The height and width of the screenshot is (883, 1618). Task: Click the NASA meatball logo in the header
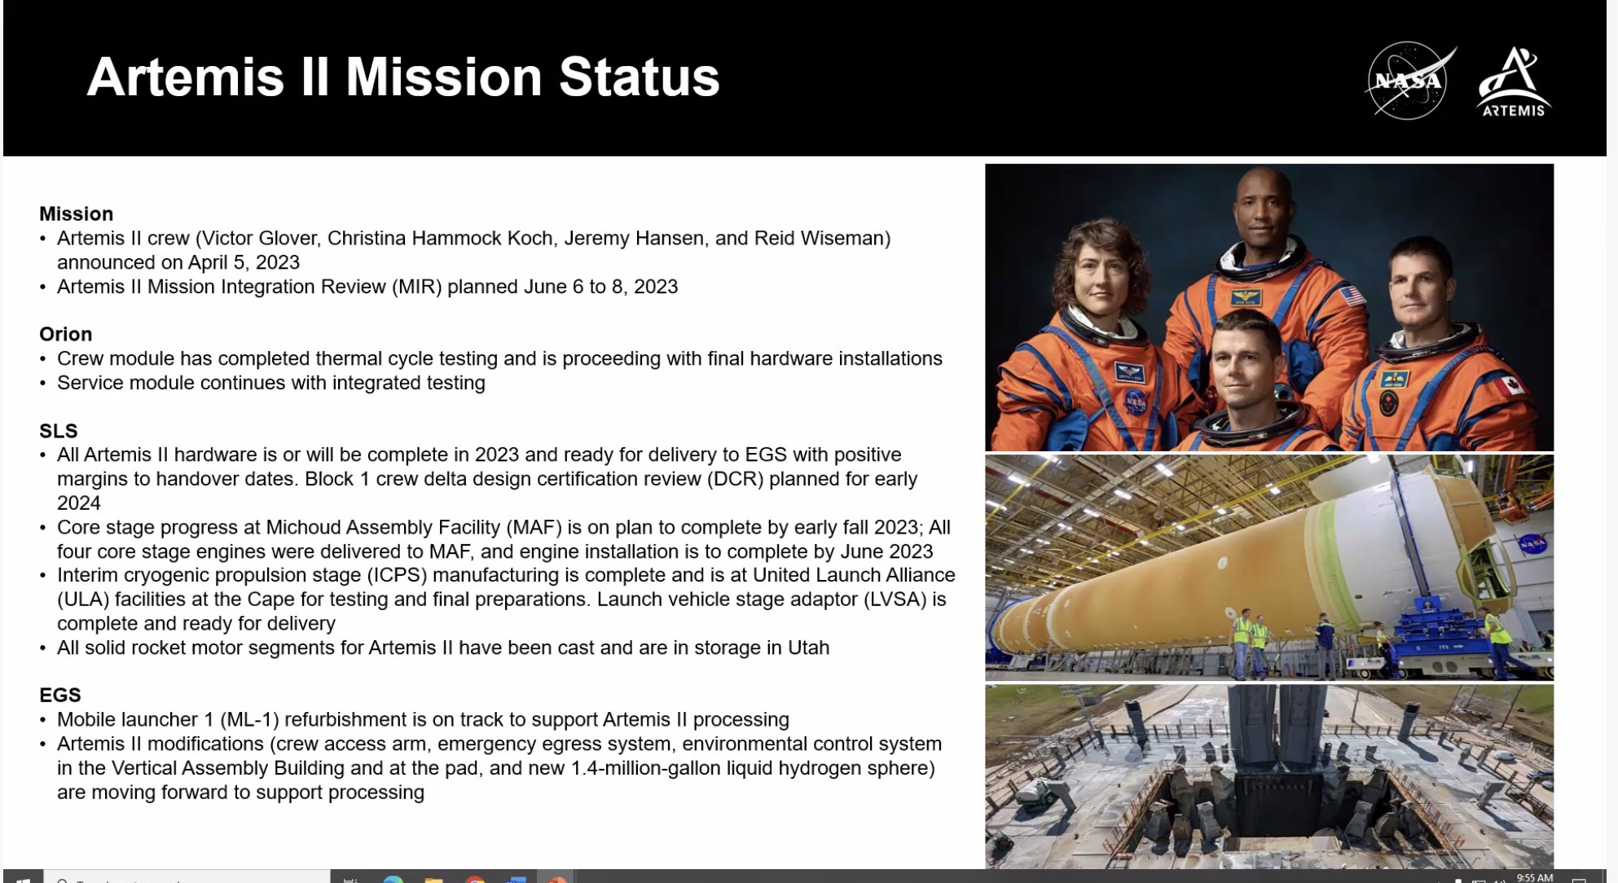click(x=1409, y=81)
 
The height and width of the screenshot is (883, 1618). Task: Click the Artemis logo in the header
click(x=1514, y=82)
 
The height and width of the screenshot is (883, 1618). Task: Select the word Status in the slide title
click(x=639, y=77)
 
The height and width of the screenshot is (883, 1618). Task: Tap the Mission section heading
click(x=76, y=214)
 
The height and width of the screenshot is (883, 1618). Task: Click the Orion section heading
click(x=65, y=335)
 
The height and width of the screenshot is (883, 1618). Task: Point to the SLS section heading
click(x=58, y=431)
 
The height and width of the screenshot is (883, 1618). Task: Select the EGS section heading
click(x=59, y=695)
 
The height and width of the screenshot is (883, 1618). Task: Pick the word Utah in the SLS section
click(x=808, y=648)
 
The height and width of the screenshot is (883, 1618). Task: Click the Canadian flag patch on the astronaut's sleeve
click(x=1512, y=384)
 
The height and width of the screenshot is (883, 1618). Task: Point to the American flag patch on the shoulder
click(x=1352, y=296)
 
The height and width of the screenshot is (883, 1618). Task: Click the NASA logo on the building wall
click(x=1532, y=543)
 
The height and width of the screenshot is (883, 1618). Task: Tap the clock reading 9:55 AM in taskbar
click(x=1534, y=877)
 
